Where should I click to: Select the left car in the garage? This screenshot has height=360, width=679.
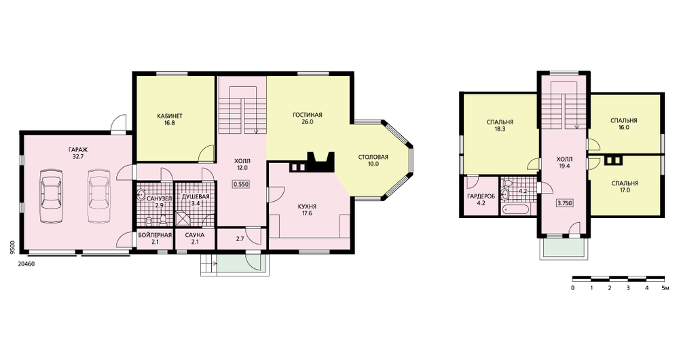click(52, 196)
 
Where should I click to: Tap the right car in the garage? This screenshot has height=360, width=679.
click(100, 196)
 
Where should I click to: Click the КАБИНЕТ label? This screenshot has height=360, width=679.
click(169, 115)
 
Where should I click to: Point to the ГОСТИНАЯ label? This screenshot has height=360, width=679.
click(308, 115)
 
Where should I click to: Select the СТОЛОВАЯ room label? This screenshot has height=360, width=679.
click(373, 157)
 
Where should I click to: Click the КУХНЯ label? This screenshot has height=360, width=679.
click(307, 206)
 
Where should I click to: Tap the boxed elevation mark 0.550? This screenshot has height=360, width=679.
click(241, 184)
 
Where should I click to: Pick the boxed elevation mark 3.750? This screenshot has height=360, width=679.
click(565, 202)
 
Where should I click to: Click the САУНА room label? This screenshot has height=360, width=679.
click(194, 235)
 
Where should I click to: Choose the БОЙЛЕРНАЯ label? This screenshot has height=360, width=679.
click(155, 235)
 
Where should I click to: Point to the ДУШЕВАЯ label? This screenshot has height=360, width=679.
click(196, 196)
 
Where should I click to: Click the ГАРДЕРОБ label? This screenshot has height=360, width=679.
click(481, 196)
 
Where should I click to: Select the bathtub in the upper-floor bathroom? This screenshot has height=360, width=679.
click(515, 210)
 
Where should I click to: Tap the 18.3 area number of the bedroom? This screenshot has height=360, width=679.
click(500, 129)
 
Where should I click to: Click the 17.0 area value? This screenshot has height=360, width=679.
click(625, 190)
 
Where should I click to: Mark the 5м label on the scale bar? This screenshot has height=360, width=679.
click(666, 287)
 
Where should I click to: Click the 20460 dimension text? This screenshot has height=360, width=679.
click(26, 263)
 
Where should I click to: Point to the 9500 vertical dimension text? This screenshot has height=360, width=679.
click(13, 248)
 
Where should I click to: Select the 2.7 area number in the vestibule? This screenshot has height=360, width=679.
click(240, 238)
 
